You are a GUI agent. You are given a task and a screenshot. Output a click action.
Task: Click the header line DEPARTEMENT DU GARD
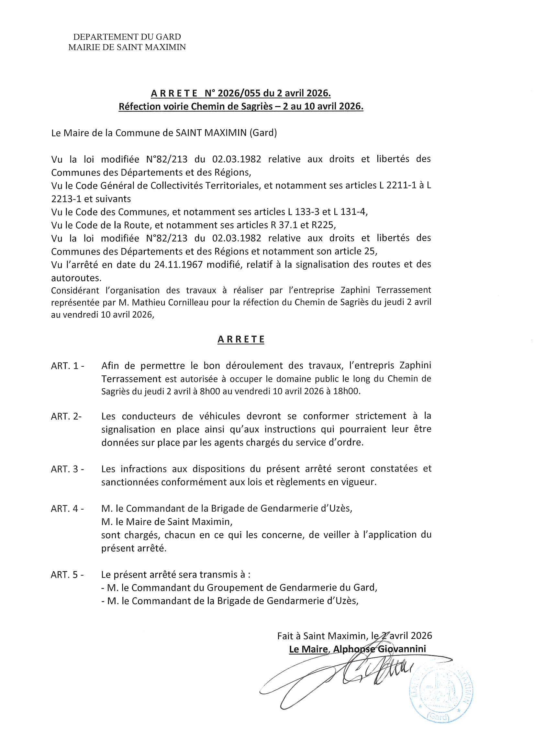click(x=127, y=37)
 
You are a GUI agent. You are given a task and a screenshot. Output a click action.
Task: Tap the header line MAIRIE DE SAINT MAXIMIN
click(x=127, y=48)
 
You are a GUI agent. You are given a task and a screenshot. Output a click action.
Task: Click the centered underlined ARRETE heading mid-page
click(x=241, y=340)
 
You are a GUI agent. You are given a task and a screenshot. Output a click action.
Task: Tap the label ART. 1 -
click(x=68, y=366)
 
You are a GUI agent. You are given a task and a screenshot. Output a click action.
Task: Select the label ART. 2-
click(x=66, y=416)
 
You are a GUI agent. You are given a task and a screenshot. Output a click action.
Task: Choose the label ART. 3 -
click(x=68, y=469)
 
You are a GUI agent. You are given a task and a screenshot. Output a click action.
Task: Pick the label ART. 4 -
click(x=68, y=508)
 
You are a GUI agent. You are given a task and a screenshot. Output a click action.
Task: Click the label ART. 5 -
click(x=68, y=575)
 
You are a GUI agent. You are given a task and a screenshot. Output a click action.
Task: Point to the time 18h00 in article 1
click(x=349, y=392)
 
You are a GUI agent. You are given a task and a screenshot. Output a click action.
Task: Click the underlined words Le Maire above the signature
click(x=308, y=649)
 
